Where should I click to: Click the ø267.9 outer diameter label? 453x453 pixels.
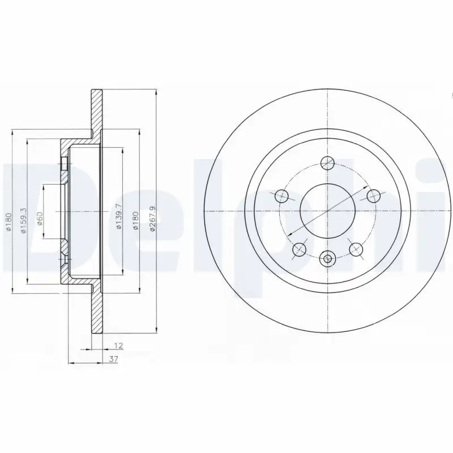[x=153, y=218]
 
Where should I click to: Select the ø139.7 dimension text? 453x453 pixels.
[x=119, y=216]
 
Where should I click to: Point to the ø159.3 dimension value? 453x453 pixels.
[x=24, y=221]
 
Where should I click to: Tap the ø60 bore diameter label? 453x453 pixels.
[x=40, y=219]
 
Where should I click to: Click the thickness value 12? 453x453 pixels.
[x=119, y=345]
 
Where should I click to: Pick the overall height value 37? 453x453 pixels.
[x=114, y=359]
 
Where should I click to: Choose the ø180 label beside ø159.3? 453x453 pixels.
[x=8, y=222]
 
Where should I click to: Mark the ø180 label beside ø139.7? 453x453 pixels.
[x=135, y=220]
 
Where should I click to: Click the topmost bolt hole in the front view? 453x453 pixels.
[x=328, y=163]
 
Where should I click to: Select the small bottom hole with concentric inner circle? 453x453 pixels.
[x=327, y=259]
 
